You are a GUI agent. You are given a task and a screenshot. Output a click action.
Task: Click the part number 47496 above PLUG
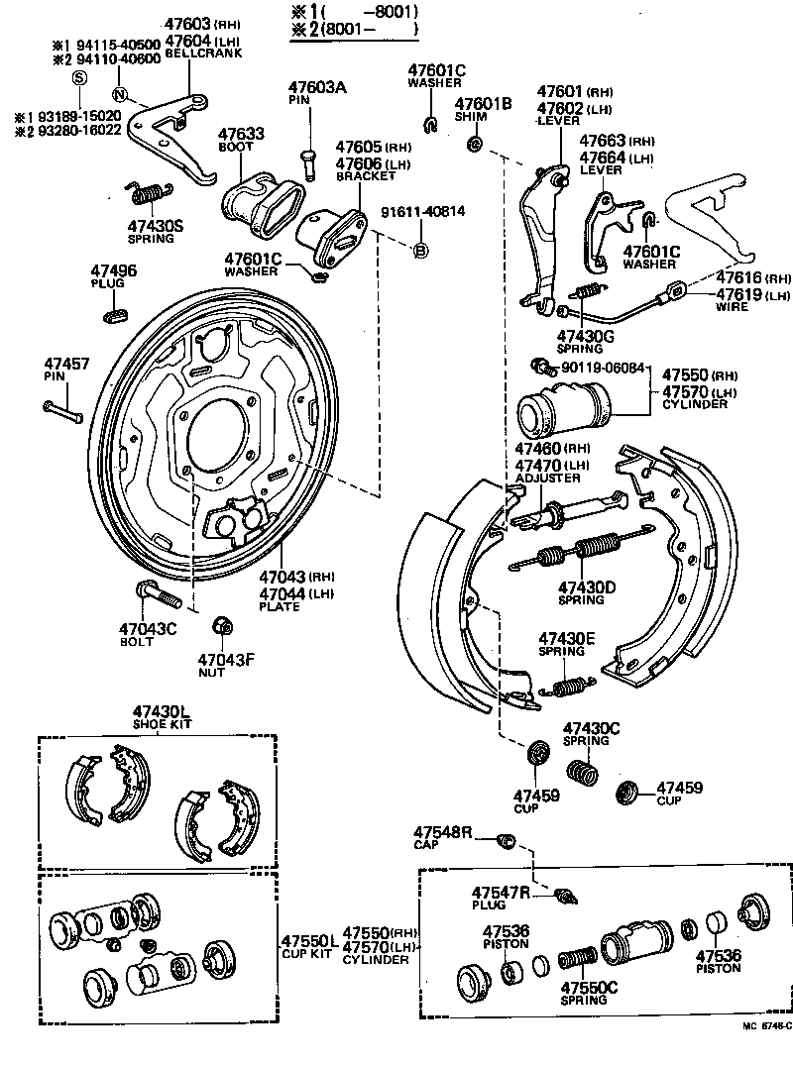click(114, 270)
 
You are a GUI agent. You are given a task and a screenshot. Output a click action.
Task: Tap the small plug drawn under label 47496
click(115, 316)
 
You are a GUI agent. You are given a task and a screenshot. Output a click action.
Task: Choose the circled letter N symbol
click(119, 95)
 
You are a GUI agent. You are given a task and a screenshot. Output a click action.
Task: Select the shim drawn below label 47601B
click(474, 145)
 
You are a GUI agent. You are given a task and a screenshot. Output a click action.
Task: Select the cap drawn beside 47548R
click(505, 842)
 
